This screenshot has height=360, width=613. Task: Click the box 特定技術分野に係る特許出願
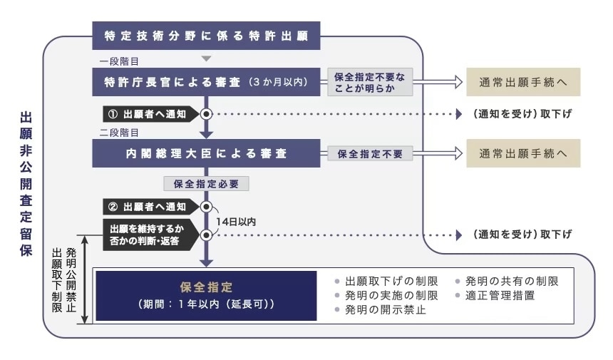206,36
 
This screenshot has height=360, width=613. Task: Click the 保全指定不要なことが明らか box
370,83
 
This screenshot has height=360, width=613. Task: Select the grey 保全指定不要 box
370,153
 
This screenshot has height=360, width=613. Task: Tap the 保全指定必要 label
207,184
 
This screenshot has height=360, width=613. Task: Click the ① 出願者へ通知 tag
146,114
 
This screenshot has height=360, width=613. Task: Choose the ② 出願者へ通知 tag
146,207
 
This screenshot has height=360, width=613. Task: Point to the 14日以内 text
236,222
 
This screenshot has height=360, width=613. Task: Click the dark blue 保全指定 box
206,295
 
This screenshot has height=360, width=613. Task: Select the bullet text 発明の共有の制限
511,281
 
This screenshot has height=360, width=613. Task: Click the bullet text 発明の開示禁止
385,310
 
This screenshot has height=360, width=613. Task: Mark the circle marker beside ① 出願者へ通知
207,114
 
